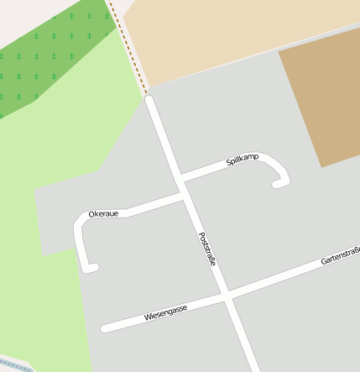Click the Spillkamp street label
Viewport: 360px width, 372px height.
(x=243, y=159)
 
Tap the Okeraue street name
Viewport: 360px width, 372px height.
(x=103, y=214)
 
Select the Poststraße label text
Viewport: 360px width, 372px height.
(x=207, y=249)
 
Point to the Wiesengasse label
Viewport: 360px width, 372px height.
(x=165, y=313)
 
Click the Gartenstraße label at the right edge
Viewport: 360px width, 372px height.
(x=340, y=256)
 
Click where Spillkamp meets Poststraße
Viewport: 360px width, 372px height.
(x=180, y=177)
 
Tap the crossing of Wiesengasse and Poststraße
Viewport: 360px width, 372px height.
(x=227, y=296)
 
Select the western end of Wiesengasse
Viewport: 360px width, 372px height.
(x=104, y=328)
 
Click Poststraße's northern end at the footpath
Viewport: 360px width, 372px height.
(x=149, y=100)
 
